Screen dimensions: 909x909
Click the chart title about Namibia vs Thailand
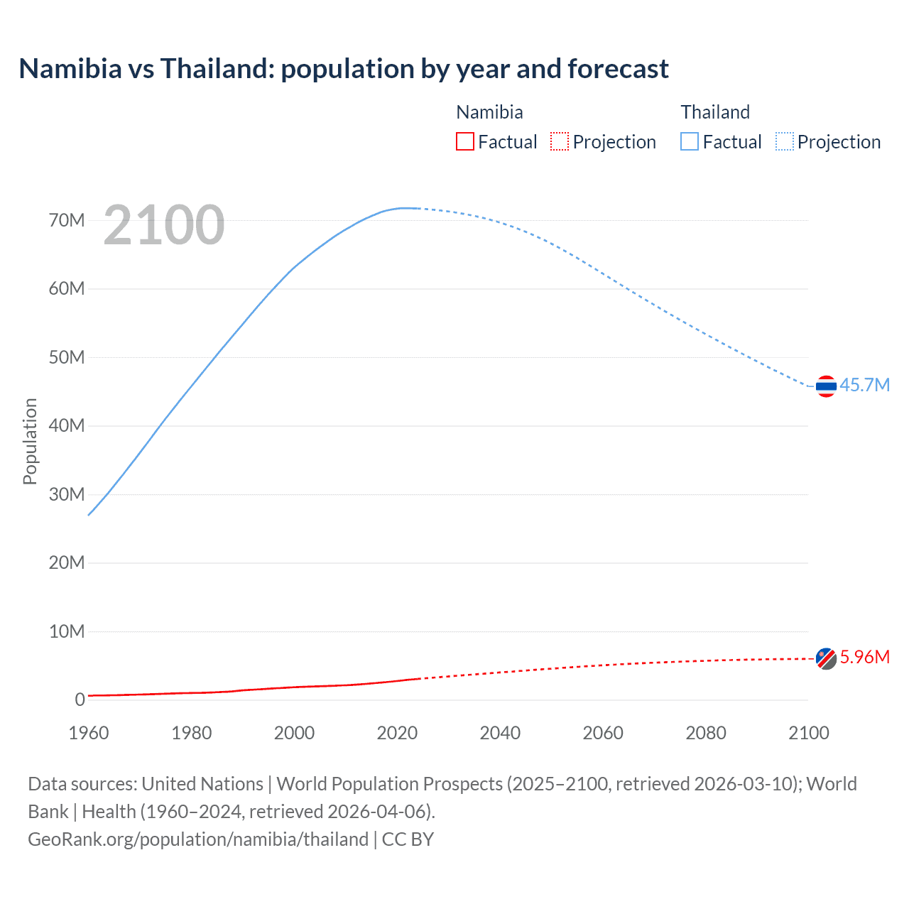pos(344,69)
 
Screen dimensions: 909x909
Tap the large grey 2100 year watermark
pos(164,225)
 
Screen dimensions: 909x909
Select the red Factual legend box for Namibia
pos(464,142)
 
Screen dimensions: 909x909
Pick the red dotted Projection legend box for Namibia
pos(560,142)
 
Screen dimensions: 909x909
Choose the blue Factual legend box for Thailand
pos(689,142)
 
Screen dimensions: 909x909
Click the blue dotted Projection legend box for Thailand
pos(785,142)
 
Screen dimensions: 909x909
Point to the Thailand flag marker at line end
pos(826,386)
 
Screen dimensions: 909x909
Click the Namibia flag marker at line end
pos(826,659)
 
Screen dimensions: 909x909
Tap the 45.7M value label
pos(864,386)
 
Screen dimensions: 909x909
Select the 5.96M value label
pos(864,658)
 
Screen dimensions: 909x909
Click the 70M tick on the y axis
pos(67,221)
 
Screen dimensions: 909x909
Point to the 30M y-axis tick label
pos(67,494)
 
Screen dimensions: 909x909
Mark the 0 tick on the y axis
pos(80,700)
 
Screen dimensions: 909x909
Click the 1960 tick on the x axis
pos(89,733)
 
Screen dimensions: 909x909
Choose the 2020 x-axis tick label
pos(397,733)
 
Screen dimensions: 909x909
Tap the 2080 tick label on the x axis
pos(706,733)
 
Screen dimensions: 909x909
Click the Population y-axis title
pos(30,441)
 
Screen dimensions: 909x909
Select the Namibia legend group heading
pos(489,112)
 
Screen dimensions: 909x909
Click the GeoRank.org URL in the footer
pos(198,839)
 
